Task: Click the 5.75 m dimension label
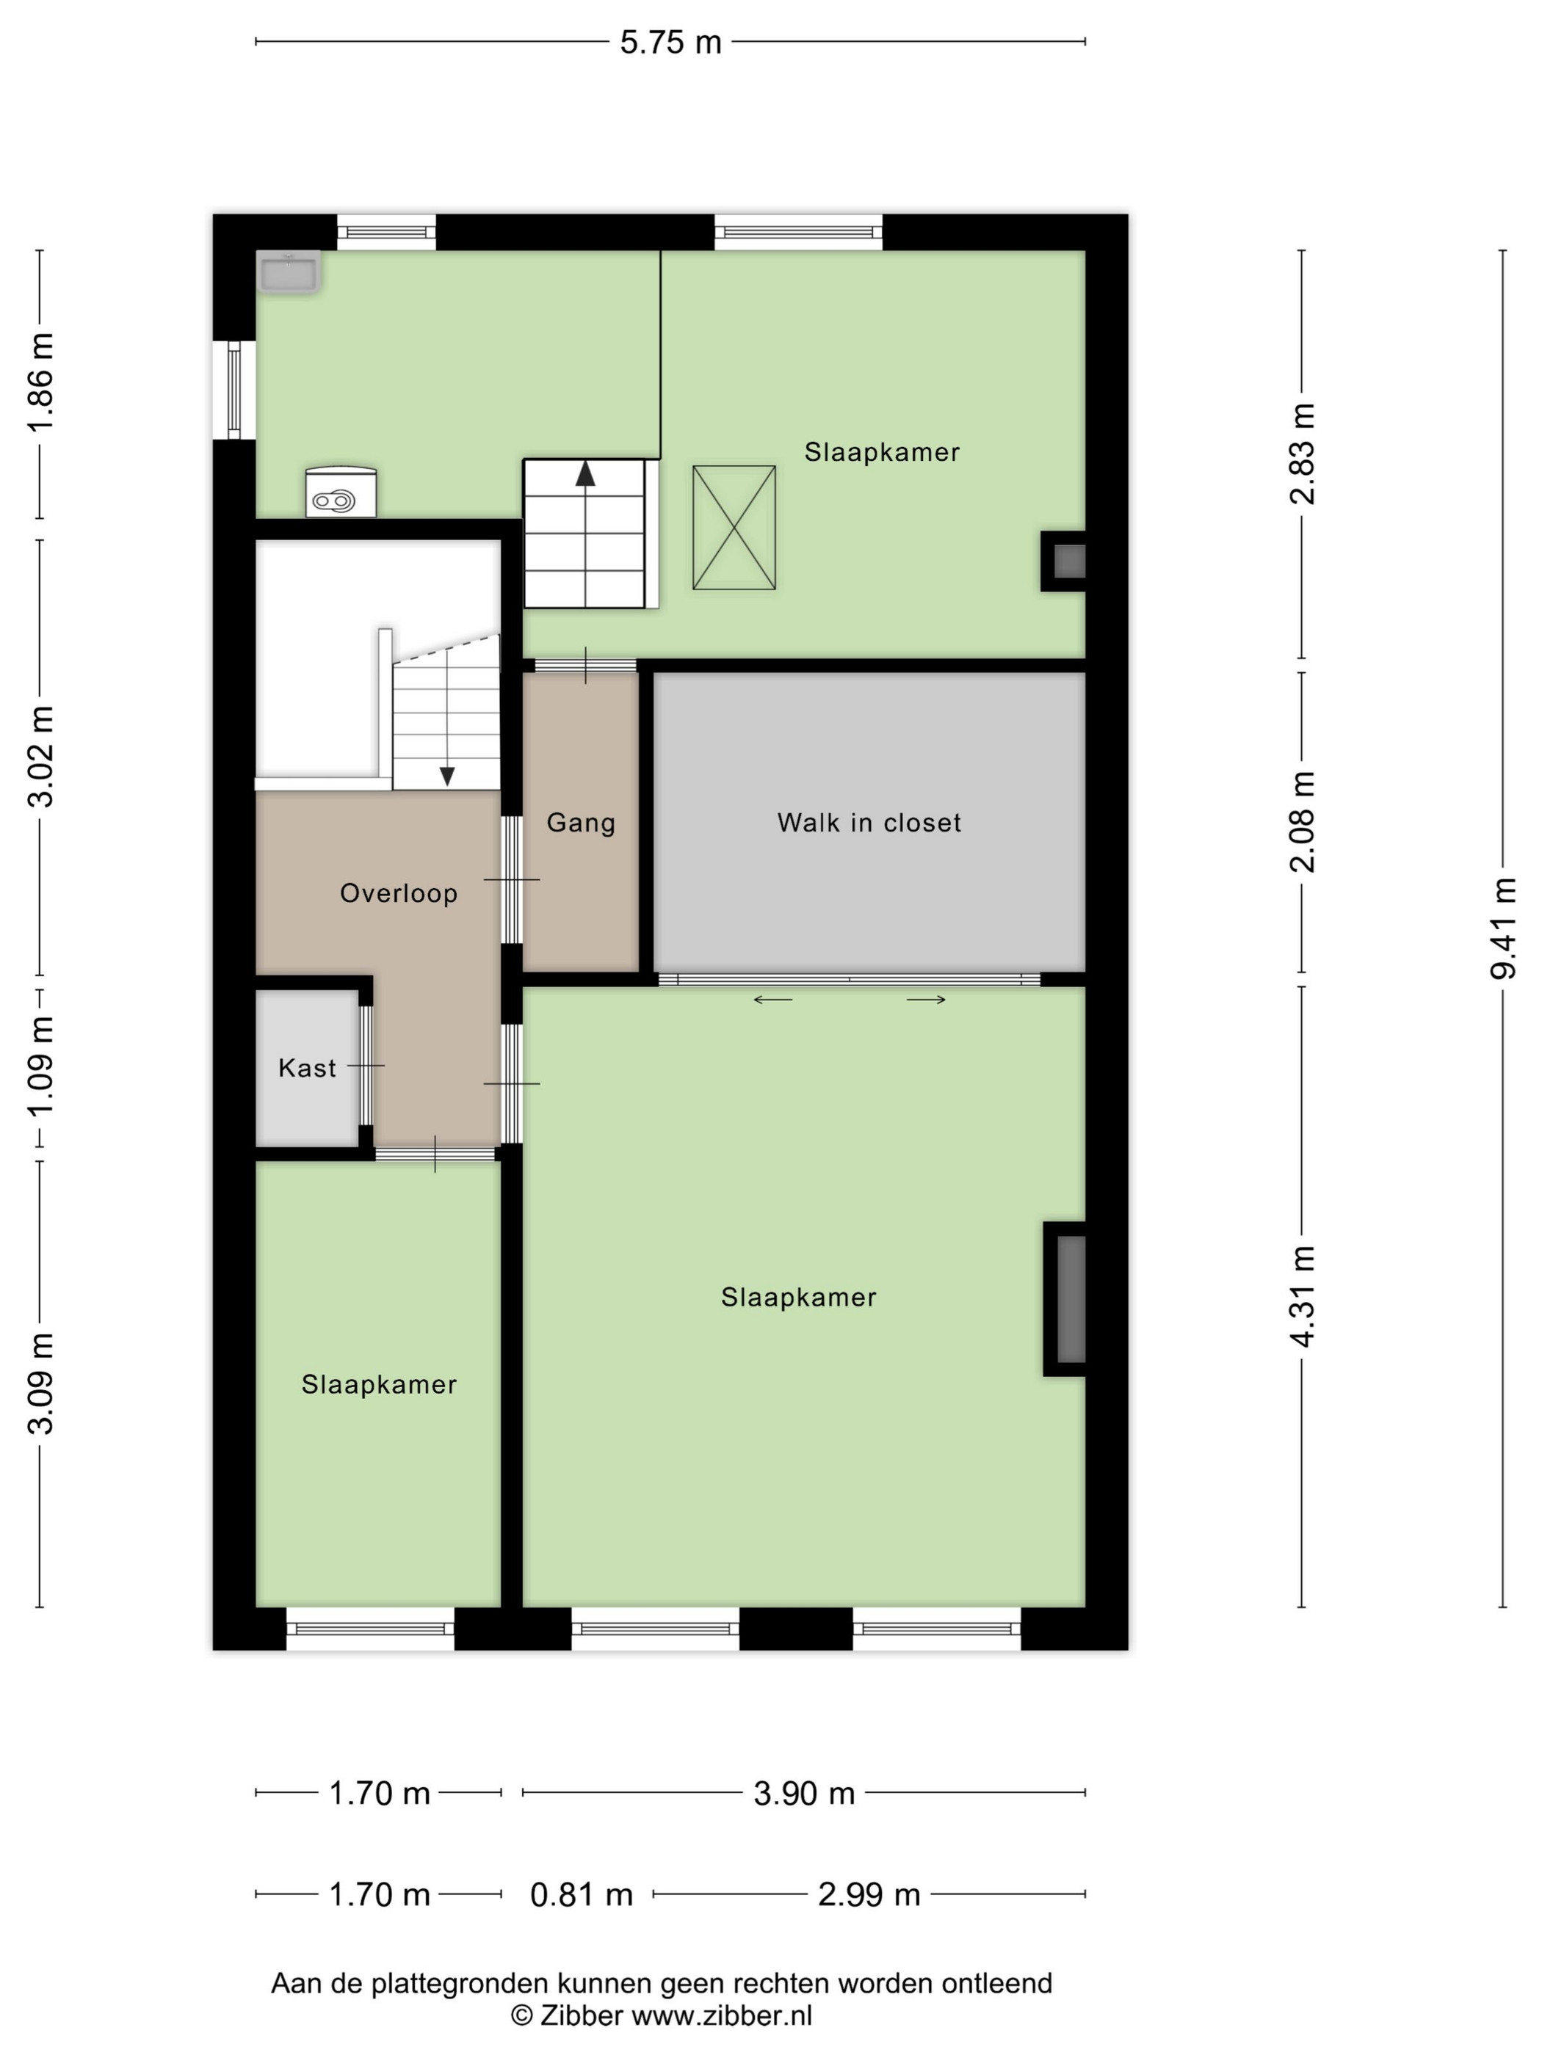670,43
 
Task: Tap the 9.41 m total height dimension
1503,927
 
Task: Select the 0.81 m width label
581,1894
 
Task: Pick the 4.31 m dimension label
1302,1296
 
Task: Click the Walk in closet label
869,822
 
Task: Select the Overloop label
399,894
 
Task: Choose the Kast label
307,1067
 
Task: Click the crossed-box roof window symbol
734,528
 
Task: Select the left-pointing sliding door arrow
772,1000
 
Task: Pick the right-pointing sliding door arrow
927,1000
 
